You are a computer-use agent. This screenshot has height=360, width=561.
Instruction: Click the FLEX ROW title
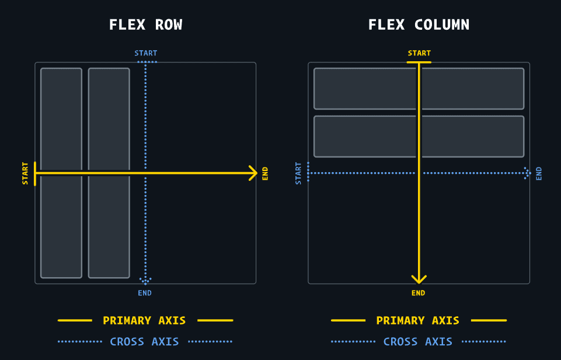pos(145,25)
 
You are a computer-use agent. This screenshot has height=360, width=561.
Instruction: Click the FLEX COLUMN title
pos(419,25)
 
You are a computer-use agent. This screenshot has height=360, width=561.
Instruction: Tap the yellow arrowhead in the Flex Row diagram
pos(253,173)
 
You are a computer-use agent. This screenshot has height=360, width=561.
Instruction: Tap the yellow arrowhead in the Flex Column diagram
pos(419,279)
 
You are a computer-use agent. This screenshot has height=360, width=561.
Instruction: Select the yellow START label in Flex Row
pos(25,173)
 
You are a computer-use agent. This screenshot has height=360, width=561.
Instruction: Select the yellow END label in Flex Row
pos(266,173)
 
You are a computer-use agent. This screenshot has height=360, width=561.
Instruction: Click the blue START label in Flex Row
pos(145,53)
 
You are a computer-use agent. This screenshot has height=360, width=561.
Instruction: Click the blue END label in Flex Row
pos(145,293)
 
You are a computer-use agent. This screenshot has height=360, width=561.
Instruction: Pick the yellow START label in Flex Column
pos(419,53)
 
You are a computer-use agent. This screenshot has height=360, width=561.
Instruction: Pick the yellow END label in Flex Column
pos(419,293)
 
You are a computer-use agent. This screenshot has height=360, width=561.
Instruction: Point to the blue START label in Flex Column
pos(298,173)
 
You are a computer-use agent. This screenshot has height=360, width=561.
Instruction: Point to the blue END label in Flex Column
pos(539,173)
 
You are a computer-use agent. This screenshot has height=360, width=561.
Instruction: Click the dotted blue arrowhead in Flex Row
pos(145,281)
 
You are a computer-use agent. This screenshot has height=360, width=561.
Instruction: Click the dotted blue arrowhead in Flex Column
pos(527,173)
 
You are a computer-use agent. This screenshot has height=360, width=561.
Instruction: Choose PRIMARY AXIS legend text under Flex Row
pos(144,320)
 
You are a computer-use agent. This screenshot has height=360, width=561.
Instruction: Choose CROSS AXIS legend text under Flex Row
pos(144,341)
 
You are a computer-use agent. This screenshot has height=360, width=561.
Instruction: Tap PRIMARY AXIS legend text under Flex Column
pos(417,320)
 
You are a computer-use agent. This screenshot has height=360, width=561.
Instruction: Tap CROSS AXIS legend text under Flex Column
pos(417,341)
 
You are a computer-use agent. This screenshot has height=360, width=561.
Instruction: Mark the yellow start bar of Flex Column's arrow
pos(419,62)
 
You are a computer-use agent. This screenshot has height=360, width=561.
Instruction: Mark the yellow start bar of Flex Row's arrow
pos(36,173)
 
